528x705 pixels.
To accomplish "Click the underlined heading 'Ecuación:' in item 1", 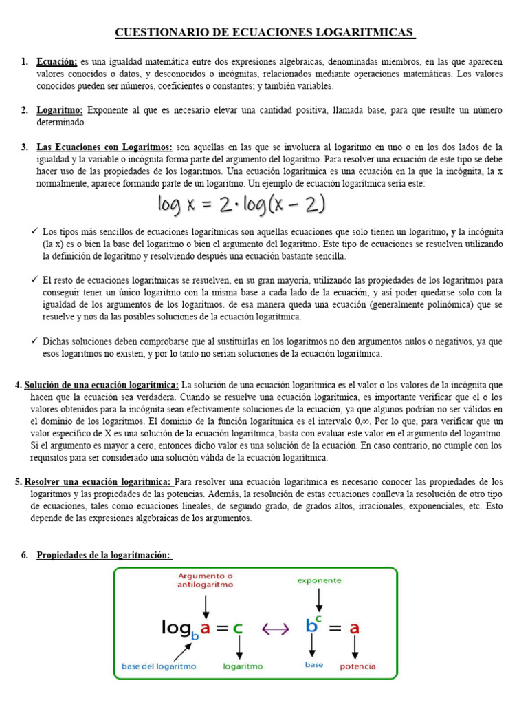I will pos(57,62).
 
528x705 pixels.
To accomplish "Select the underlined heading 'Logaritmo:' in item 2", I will pos(60,110).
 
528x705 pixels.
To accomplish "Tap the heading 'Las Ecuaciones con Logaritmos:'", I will pos(104,147).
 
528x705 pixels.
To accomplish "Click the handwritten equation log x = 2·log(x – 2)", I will pos(241,205).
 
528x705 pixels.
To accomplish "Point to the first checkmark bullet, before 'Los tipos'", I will pos(34,232).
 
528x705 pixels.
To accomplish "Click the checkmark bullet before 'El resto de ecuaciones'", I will pos(34,280).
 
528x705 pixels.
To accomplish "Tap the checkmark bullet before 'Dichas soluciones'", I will pos(34,341).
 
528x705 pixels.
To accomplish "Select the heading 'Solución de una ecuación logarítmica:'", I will pos(102,385).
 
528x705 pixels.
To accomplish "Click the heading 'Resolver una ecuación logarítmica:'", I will pos(98,481).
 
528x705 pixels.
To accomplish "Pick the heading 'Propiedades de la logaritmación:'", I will pos(104,555).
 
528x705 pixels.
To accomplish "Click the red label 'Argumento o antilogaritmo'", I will pos(206,579).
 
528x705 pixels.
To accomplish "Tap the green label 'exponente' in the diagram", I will pos(319,580).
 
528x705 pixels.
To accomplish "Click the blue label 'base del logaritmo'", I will pos(159,666).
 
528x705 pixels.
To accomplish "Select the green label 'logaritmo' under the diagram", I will pos(243,666).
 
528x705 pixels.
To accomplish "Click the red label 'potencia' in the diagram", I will pos(357,666).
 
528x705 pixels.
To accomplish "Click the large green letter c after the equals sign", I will pos(238,628).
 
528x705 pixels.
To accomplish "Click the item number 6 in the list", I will pos(25,555).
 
